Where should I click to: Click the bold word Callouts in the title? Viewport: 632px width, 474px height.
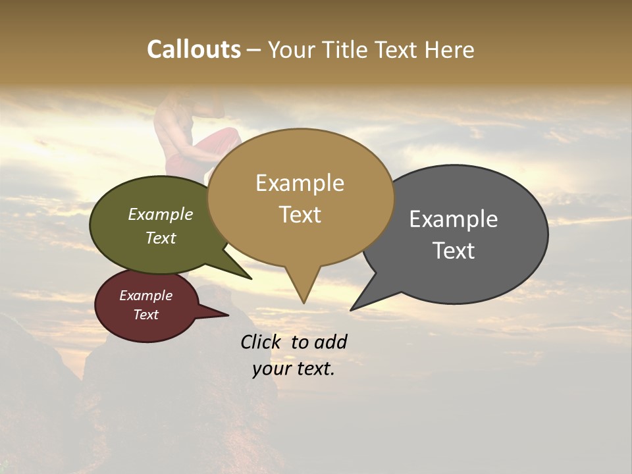[x=194, y=49]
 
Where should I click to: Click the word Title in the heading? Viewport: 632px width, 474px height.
[x=344, y=49]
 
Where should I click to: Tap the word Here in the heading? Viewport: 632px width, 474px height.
[x=448, y=49]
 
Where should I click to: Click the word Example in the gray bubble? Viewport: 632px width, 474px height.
[x=453, y=219]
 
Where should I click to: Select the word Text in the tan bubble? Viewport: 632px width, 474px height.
[x=300, y=214]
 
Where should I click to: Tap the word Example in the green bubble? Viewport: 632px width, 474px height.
[x=160, y=214]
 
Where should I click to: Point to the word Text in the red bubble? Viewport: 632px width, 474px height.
[x=145, y=315]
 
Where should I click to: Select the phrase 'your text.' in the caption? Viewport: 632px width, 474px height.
[x=294, y=369]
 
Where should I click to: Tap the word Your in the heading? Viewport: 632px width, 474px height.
[x=292, y=49]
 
